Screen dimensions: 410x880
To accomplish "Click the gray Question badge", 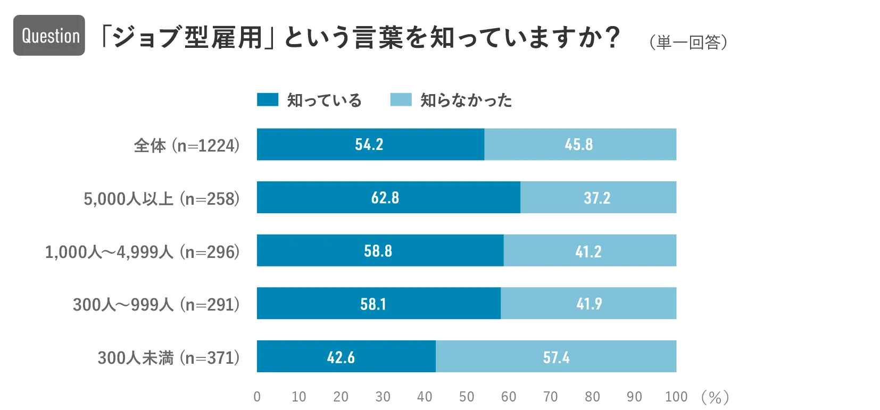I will click(49, 36).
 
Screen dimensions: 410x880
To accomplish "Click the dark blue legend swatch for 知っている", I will click(267, 99).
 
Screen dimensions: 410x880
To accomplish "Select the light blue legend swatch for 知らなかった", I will click(401, 99).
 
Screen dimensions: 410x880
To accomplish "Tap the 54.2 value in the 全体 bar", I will click(369, 145).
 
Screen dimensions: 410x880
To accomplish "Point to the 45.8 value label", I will click(579, 145).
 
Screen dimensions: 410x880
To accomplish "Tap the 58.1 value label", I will click(373, 304).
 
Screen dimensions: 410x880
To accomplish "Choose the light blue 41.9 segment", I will click(588, 304).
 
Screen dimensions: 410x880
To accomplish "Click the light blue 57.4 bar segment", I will click(556, 357).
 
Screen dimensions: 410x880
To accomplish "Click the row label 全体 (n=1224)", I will click(187, 145).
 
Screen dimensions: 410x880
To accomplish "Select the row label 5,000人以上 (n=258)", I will click(162, 198).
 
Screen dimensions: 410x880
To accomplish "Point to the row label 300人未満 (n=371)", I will click(169, 357).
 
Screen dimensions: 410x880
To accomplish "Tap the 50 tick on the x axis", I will click(467, 397).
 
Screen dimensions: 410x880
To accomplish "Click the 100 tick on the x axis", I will click(676, 397).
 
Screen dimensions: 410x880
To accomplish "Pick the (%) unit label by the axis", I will click(715, 397).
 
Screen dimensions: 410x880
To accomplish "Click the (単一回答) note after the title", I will click(688, 42).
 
